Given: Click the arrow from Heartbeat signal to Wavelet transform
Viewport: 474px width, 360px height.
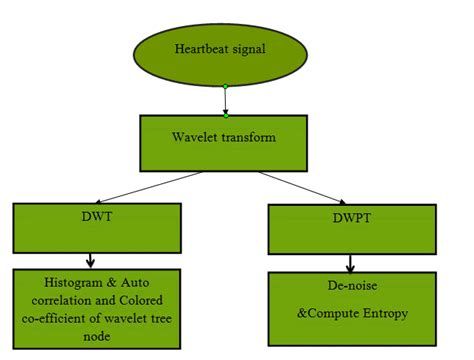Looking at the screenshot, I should (x=226, y=101).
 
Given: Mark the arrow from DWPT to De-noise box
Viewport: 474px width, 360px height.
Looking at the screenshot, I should (x=350, y=264).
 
